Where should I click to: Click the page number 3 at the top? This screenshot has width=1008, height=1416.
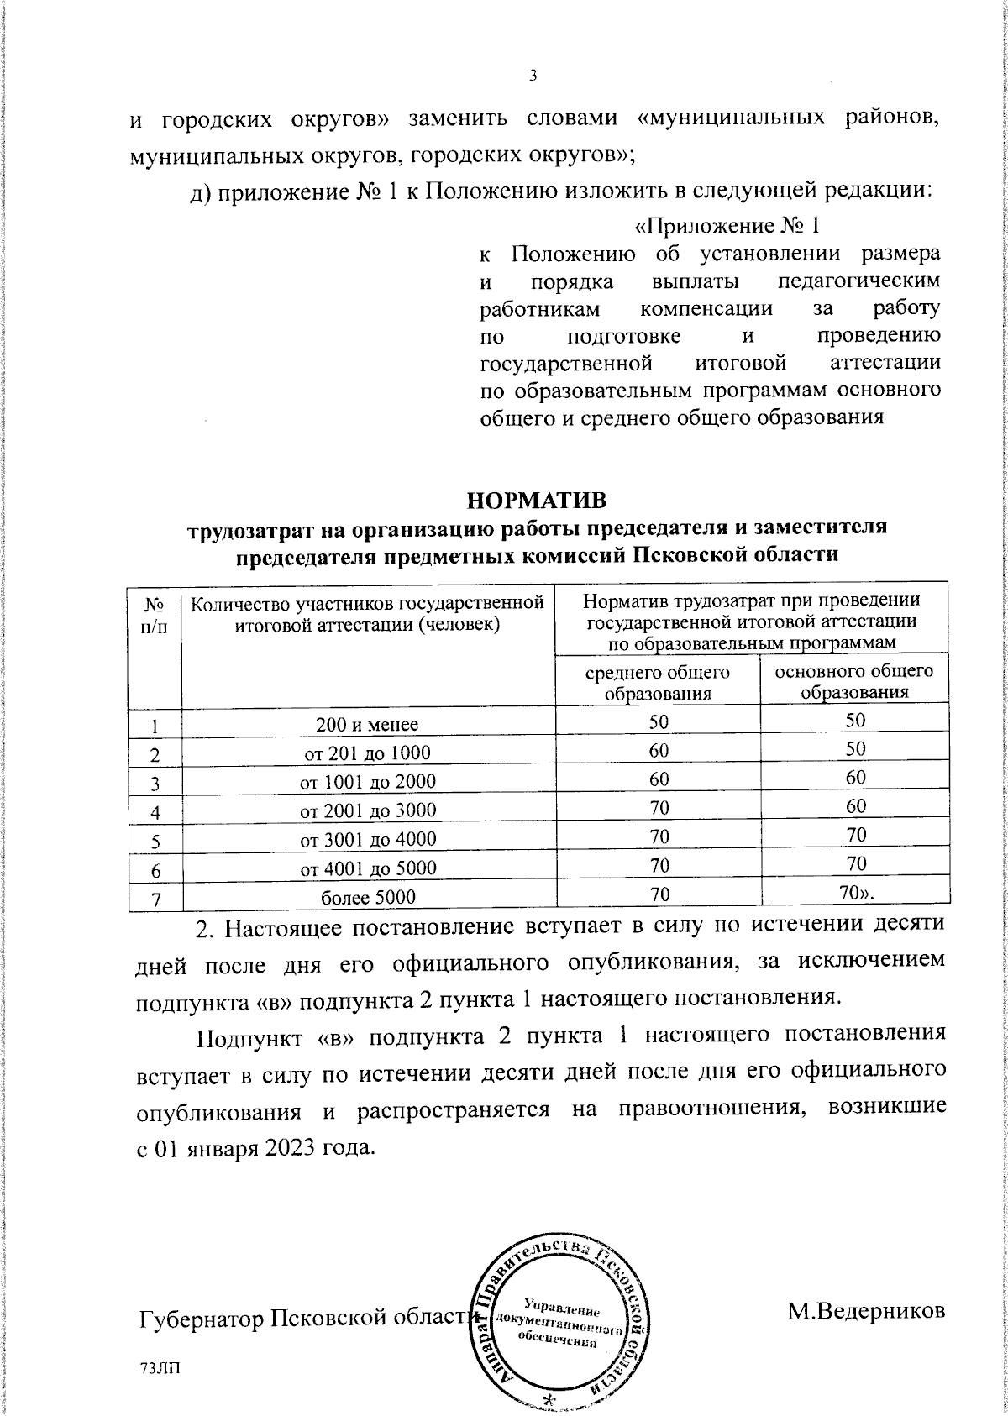pyautogui.click(x=533, y=76)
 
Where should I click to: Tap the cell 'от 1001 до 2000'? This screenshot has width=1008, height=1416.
pyautogui.click(x=368, y=781)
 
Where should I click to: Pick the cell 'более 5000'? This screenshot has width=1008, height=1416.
pyautogui.click(x=368, y=897)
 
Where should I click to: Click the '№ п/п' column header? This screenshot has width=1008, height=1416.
pyautogui.click(x=155, y=615)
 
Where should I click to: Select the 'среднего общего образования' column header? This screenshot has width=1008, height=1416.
pyautogui.click(x=657, y=683)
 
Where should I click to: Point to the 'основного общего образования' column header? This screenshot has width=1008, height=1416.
pyautogui.click(x=853, y=681)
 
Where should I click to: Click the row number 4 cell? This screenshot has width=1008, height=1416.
pyautogui.click(x=155, y=811)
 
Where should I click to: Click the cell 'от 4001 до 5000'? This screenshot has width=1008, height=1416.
pyautogui.click(x=368, y=868)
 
